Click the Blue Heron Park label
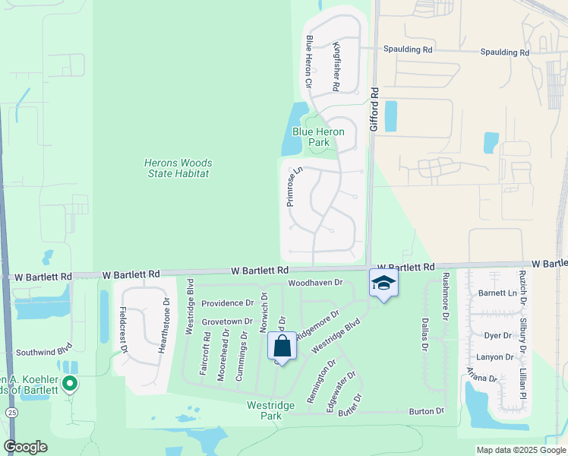(318, 137)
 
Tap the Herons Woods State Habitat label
(178, 168)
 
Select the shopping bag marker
(282, 347)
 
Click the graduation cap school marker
(383, 284)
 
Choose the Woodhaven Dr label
(316, 283)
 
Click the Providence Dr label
(227, 302)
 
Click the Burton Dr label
(426, 411)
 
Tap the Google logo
(26, 447)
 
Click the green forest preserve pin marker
(70, 384)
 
